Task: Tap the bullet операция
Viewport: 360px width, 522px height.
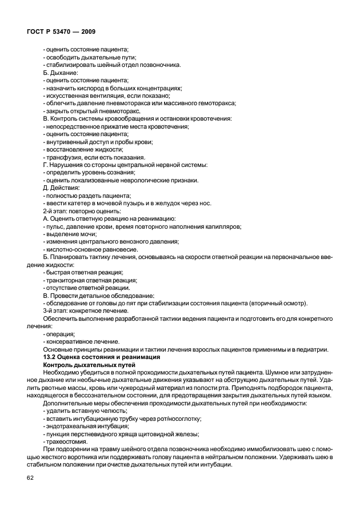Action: pos(59,333)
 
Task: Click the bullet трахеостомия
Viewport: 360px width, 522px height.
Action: pos(66,441)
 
